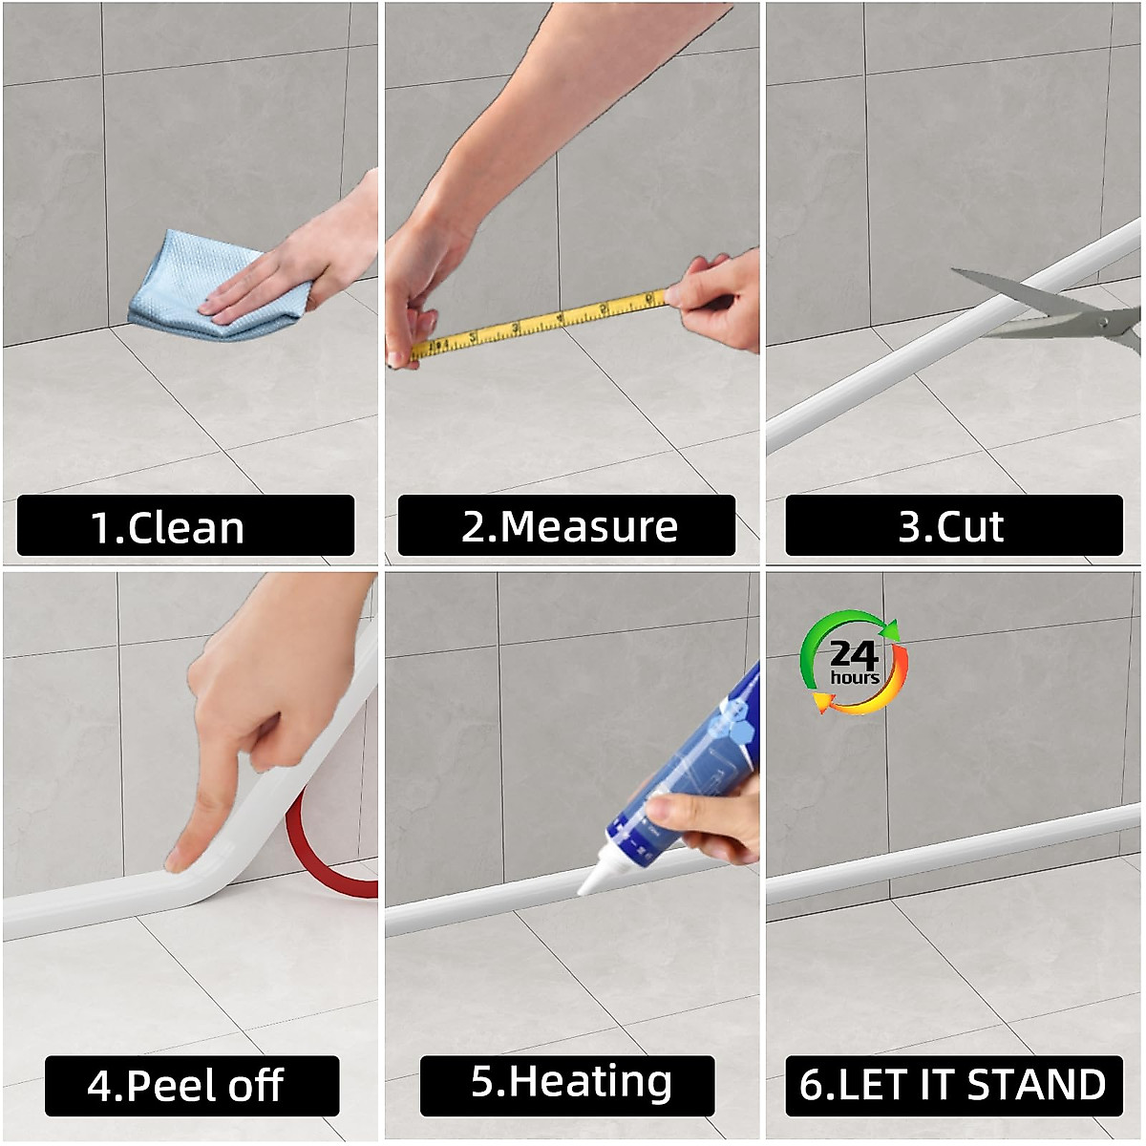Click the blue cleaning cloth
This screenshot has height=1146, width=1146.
181,277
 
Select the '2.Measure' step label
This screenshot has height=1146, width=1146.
567,526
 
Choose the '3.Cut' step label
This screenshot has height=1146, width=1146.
953,526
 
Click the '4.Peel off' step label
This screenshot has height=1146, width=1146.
191,1086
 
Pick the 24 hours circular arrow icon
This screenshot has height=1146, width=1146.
854,662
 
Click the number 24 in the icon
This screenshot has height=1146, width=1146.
854,653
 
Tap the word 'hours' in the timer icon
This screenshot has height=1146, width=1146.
854,678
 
